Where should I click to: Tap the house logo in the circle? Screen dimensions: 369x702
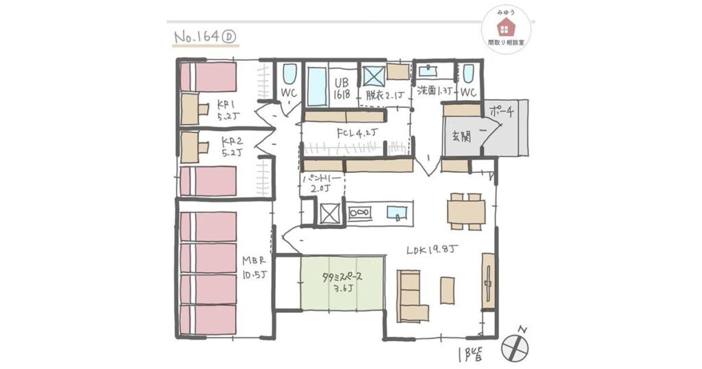pyautogui.click(x=507, y=27)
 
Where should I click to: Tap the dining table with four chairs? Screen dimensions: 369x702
pyautogui.click(x=466, y=212)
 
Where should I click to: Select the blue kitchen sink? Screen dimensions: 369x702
pyautogui.click(x=396, y=213)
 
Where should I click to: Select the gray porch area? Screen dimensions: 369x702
pyautogui.click(x=507, y=127)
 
